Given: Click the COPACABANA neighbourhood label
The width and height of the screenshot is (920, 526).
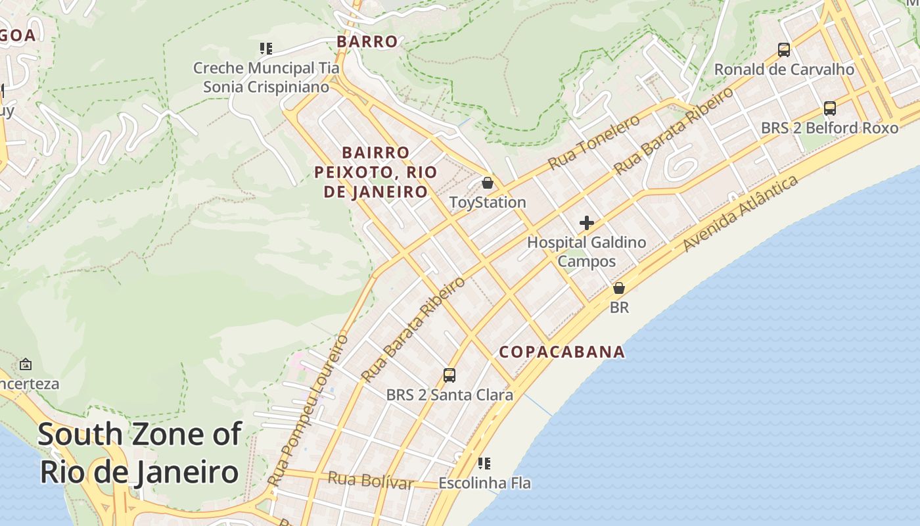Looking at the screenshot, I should pyautogui.click(x=562, y=352).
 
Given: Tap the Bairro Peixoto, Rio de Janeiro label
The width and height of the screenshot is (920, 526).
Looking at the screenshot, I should pyautogui.click(x=375, y=172).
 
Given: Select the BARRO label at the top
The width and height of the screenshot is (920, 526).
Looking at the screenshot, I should pyautogui.click(x=367, y=41).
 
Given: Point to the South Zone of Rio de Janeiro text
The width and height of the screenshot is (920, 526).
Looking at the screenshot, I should pyautogui.click(x=139, y=454).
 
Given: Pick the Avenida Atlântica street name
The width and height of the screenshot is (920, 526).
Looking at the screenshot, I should pyautogui.click(x=741, y=213).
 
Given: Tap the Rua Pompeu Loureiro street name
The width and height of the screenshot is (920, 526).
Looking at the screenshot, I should pyautogui.click(x=308, y=411).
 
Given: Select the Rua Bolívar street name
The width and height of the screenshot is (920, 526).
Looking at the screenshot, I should pyautogui.click(x=371, y=481).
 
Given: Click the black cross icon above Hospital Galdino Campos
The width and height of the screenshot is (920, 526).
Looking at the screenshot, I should pyautogui.click(x=587, y=223).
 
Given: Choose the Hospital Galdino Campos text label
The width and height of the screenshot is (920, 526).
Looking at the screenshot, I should pyautogui.click(x=587, y=252).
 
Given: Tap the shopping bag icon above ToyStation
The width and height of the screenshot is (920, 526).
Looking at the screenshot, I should pyautogui.click(x=488, y=183).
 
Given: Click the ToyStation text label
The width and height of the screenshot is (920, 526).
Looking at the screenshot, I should pyautogui.click(x=488, y=203).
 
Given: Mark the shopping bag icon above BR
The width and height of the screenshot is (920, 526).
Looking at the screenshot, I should pyautogui.click(x=619, y=288).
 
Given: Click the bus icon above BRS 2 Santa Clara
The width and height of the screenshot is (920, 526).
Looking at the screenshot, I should pyautogui.click(x=449, y=375).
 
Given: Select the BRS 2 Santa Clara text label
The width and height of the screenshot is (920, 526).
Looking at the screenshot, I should pyautogui.click(x=449, y=395).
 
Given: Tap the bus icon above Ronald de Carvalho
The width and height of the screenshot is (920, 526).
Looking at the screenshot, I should pyautogui.click(x=784, y=50).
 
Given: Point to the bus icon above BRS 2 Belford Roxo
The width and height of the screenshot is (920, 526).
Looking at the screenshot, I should pyautogui.click(x=830, y=108).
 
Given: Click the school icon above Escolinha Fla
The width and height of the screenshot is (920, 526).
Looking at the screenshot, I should pyautogui.click(x=484, y=464).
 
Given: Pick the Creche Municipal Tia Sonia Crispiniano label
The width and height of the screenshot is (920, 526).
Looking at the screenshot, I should pyautogui.click(x=266, y=77).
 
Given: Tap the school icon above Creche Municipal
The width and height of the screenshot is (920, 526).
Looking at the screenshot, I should pyautogui.click(x=266, y=48).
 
